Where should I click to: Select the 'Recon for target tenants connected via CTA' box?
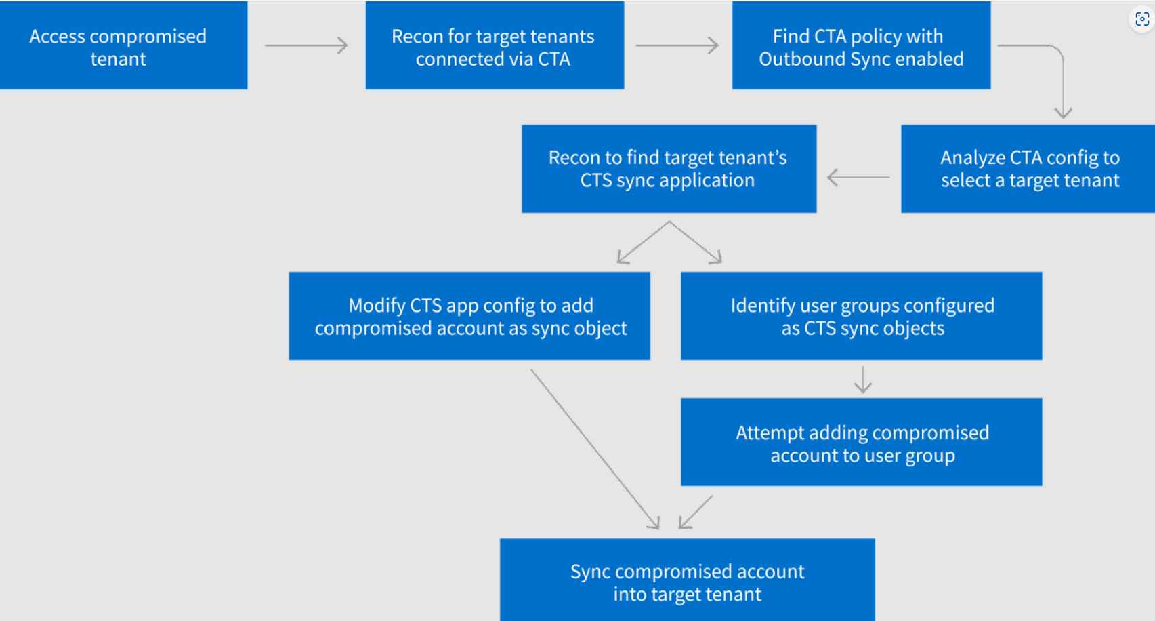coord(494,46)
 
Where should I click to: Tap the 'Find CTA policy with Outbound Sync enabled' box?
coord(860,46)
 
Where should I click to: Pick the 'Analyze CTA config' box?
coord(1028,169)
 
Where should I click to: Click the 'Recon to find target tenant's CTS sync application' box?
coord(669,169)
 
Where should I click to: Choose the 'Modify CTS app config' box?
coord(469,316)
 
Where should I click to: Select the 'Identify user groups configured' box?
coord(861,316)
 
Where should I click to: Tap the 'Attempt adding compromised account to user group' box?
coord(861,442)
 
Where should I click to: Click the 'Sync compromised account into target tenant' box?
coord(687,580)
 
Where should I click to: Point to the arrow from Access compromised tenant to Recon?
coord(306,45)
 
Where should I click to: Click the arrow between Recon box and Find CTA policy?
coord(677,45)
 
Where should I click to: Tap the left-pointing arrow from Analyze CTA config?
coord(858,178)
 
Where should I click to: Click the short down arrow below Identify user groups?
coord(862,380)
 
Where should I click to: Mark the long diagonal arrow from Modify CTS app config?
coord(594,448)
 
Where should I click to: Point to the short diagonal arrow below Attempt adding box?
coord(696,512)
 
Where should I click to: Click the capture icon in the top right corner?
coord(1142,19)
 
